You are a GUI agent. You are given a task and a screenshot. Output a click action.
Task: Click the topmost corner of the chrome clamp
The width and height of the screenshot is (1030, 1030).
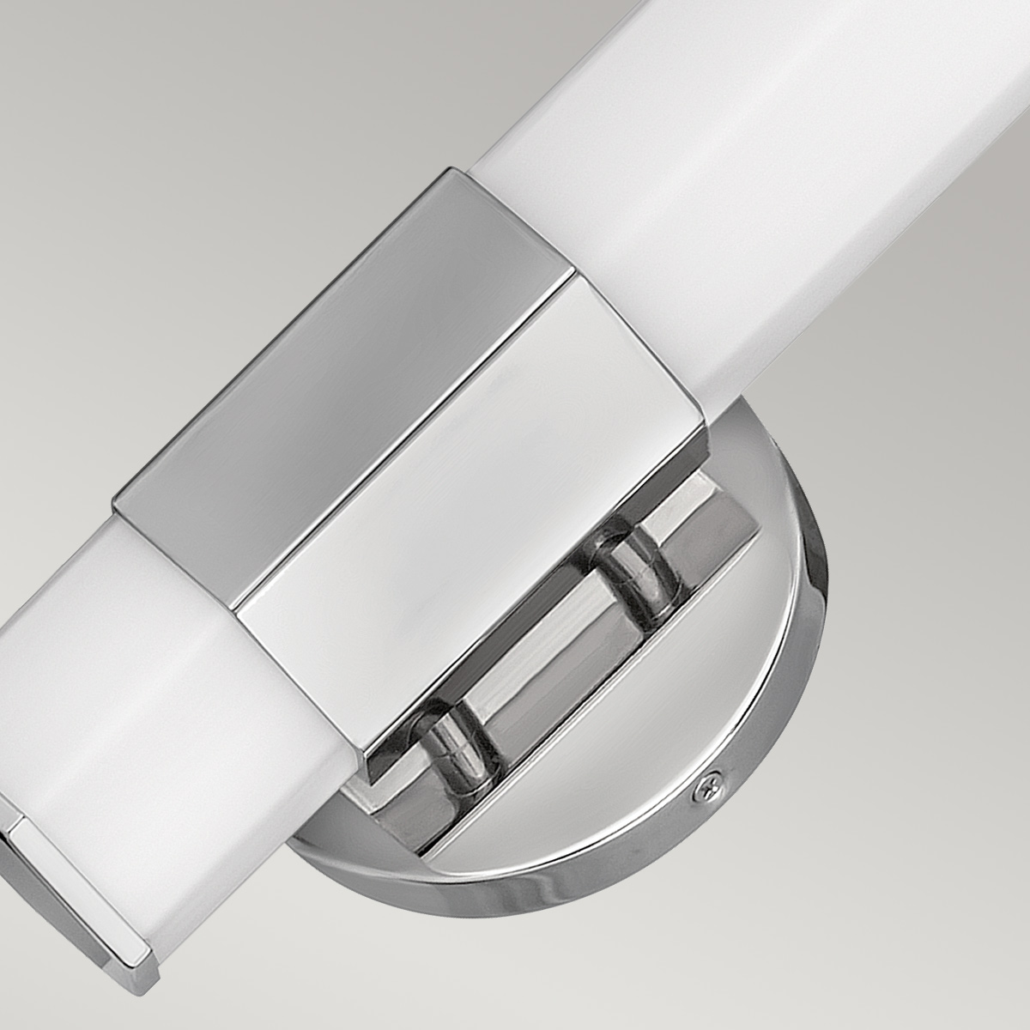(453, 170)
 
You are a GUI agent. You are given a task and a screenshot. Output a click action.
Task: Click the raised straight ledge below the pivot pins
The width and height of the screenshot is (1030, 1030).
(601, 687)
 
